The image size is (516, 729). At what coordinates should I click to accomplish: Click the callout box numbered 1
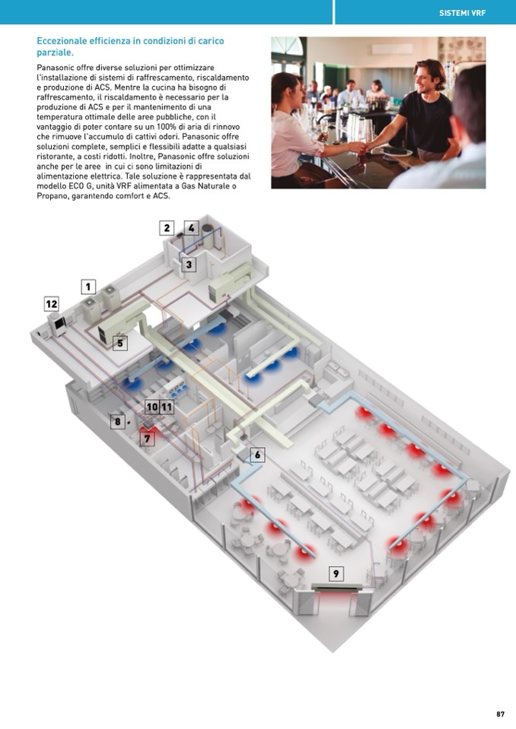tap(88, 287)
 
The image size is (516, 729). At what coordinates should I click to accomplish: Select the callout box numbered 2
tap(167, 228)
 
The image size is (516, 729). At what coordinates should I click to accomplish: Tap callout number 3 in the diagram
tap(189, 265)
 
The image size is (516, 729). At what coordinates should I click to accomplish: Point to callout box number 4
tap(191, 228)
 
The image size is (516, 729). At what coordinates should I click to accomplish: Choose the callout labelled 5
tap(120, 343)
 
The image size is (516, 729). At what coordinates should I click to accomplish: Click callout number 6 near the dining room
tap(258, 455)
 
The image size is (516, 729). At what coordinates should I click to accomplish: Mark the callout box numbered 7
tap(148, 439)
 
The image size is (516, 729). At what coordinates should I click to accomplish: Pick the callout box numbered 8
tap(118, 422)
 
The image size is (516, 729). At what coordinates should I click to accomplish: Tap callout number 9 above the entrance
tap(336, 573)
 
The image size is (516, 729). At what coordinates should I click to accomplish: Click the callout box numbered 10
tap(152, 407)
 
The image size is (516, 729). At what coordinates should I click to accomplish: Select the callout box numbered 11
tap(167, 407)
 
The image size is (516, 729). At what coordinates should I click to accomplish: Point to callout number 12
tap(52, 304)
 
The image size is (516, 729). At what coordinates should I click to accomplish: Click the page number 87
tap(500, 714)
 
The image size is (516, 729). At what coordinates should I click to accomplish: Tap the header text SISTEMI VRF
tap(462, 13)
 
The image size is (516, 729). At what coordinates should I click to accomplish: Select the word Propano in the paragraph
tap(51, 196)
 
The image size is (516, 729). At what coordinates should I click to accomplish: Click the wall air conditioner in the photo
tap(392, 49)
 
